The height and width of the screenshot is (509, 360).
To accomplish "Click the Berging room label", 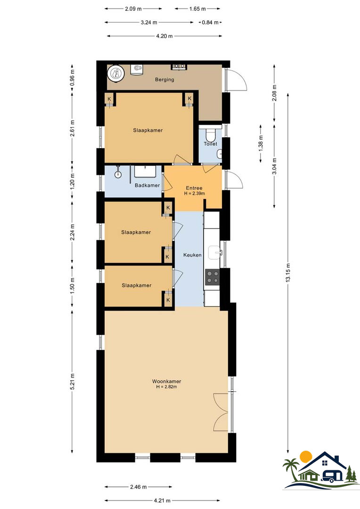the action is pyautogui.click(x=164, y=80).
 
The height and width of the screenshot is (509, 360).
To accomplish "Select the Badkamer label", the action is pyautogui.click(x=147, y=185).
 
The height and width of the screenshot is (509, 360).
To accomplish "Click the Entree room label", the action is pyautogui.click(x=194, y=188).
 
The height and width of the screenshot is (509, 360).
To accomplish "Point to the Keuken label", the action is pyautogui.click(x=192, y=255).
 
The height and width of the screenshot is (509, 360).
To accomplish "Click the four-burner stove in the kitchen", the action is pyautogui.click(x=212, y=278).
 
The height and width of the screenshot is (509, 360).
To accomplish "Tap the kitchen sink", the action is pyautogui.click(x=214, y=253).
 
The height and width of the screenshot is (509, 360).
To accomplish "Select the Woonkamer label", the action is pyautogui.click(x=166, y=381).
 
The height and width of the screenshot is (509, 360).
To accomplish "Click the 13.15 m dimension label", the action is pyautogui.click(x=288, y=273).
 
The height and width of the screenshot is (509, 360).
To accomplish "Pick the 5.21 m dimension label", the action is pyautogui.click(x=72, y=382).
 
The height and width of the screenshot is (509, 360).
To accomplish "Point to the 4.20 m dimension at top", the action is pyautogui.click(x=164, y=36).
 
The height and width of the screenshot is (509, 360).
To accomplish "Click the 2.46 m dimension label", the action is pyautogui.click(x=138, y=486).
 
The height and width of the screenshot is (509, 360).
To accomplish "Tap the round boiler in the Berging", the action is pyautogui.click(x=116, y=74).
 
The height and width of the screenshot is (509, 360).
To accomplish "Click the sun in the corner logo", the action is pyautogui.click(x=306, y=457).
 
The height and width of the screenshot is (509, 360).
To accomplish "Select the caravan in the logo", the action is pyautogui.click(x=332, y=476).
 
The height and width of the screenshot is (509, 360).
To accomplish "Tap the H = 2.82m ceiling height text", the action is pyautogui.click(x=166, y=386).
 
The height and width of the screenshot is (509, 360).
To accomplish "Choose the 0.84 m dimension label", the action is pyautogui.click(x=210, y=23).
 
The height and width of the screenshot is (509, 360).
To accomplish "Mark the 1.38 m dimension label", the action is pyautogui.click(x=261, y=143).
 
